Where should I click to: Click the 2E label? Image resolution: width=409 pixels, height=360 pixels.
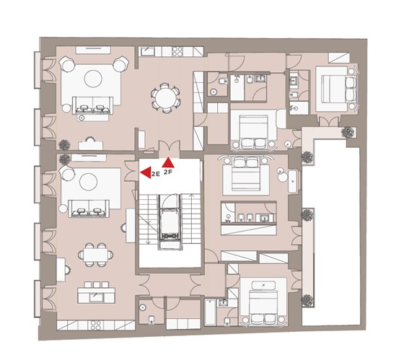pos(156,175)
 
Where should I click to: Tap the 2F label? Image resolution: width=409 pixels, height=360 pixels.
pos(168,172)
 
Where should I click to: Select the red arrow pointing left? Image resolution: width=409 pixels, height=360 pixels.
pos(146,172)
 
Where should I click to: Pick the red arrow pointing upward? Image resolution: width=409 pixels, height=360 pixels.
pos(168,162)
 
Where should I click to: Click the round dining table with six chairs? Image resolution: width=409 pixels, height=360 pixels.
pos(165,98)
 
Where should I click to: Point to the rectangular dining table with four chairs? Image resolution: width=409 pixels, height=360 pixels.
pos(96,255)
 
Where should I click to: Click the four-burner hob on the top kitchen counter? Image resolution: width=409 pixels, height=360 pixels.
pos(177,51)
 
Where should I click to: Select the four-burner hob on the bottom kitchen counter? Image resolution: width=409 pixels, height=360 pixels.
pos(96,325)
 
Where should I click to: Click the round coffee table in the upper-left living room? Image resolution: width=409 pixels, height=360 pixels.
pos(93,79)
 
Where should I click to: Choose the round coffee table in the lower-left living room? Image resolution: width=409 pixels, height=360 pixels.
pos(89,182)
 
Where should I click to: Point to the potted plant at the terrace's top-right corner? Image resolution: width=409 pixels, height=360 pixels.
pos(348,132)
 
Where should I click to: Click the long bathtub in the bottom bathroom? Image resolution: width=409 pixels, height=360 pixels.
pos(210,312)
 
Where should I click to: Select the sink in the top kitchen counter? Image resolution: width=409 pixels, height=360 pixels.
pos(148,51)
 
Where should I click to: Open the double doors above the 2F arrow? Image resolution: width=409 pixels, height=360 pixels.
pos(170,149)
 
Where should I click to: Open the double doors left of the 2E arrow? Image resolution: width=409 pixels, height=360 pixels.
pos(131,171)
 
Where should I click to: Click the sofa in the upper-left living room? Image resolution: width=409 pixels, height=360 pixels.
pos(92,105)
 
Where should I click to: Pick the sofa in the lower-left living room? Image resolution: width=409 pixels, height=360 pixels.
pos(89,208)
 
